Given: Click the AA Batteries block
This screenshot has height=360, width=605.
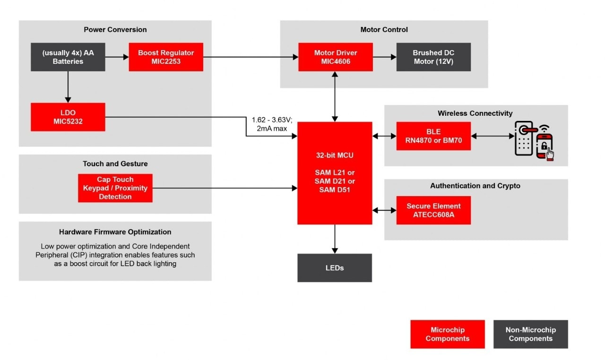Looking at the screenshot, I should point(68,57).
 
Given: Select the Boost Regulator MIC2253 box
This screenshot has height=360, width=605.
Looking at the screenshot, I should point(166,57).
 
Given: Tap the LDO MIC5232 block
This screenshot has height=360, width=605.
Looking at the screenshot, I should point(68,117).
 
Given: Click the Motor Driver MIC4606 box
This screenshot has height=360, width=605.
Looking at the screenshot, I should point(336,57).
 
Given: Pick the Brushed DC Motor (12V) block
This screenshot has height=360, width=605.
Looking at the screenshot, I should point(433,57).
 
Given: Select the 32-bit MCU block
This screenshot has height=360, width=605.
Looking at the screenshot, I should point(335,173).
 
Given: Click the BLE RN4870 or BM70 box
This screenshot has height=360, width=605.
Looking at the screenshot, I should point(433,136).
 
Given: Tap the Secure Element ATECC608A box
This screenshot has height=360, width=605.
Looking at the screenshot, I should point(433,210).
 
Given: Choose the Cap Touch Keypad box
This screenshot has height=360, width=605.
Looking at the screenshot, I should point(115,188).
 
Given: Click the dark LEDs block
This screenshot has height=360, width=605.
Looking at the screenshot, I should point(335,268).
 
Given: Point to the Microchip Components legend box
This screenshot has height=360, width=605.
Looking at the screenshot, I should point(447,334).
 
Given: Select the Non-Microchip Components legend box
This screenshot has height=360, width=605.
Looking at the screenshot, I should point(530,334).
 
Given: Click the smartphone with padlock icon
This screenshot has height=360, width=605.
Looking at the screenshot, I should point(544,145).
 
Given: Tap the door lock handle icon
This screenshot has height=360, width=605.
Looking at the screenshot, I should point(525,137).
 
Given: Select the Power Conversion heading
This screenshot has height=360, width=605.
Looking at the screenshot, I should point(115,30).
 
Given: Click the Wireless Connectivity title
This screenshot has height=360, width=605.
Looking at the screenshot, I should point(475,113).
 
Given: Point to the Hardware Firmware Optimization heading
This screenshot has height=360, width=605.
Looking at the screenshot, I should point(115,232).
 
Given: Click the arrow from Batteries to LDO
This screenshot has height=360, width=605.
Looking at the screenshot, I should point(68,87).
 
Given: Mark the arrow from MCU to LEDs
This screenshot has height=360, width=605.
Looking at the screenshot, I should point(335,239).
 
